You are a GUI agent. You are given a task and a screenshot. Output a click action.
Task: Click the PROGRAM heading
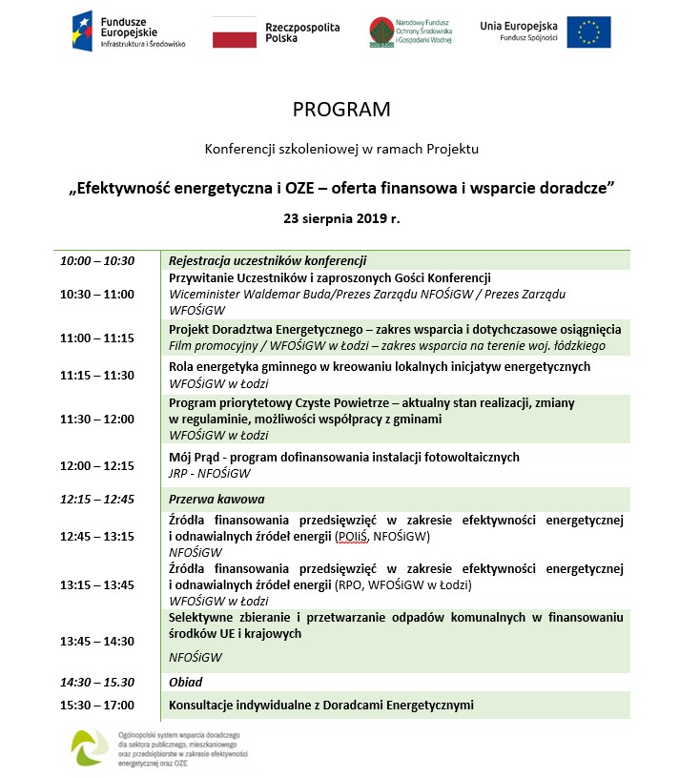(341, 110)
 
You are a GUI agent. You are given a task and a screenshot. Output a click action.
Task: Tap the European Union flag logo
(588, 31)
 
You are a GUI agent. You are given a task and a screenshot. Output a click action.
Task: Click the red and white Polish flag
(234, 31)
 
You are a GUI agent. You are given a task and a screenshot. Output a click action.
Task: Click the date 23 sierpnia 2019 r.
(341, 217)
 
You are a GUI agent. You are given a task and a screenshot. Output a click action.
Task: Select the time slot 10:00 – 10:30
(97, 261)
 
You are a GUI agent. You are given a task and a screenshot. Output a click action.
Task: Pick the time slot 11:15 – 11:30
(97, 375)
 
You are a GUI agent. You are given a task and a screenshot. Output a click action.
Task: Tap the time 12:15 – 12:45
(97, 499)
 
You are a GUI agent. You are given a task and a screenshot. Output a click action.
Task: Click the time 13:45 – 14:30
(97, 641)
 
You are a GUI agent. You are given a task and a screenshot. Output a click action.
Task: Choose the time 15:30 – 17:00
(97, 706)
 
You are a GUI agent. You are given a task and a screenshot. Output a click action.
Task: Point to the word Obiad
(186, 682)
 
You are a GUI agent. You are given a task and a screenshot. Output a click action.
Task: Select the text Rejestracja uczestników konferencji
(268, 261)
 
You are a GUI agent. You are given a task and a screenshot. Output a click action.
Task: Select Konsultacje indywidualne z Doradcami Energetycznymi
(320, 706)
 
